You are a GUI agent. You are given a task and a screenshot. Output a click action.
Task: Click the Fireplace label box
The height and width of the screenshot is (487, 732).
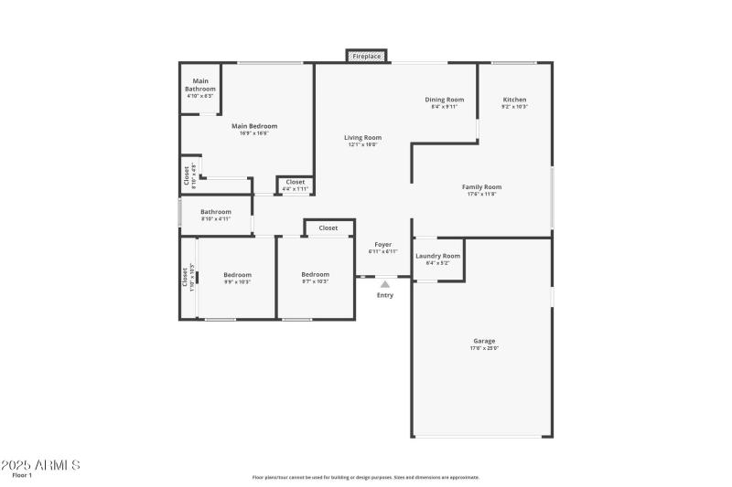pyautogui.click(x=367, y=57)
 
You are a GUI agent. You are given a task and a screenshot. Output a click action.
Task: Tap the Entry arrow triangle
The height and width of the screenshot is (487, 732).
pyautogui.click(x=385, y=285)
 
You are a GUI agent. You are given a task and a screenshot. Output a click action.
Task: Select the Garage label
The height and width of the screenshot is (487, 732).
pyautogui.click(x=484, y=341)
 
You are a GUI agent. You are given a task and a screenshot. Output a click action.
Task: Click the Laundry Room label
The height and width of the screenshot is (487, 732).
pyautogui.click(x=437, y=256)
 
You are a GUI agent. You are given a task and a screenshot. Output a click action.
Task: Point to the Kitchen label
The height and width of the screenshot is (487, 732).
pyautogui.click(x=514, y=100)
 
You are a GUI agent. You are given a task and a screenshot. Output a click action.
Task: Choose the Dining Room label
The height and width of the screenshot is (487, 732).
pyautogui.click(x=444, y=100)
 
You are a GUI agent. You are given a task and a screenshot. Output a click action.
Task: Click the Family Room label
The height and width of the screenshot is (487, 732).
pyautogui.click(x=481, y=186)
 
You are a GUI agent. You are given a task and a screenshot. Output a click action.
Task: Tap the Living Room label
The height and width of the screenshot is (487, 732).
pyautogui.click(x=362, y=137)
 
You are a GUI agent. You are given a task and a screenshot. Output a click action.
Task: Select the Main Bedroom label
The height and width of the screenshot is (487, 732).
pyautogui.click(x=253, y=126)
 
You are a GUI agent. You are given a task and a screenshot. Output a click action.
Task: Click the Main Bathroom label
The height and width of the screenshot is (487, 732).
pyautogui.click(x=199, y=84)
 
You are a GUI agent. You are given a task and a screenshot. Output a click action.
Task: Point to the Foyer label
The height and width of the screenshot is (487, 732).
pyautogui.click(x=382, y=245)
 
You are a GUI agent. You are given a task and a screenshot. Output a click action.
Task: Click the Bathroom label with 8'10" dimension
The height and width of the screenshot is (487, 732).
pyautogui.click(x=216, y=212)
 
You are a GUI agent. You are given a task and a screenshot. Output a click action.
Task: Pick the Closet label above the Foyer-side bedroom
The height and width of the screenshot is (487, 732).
pyautogui.click(x=328, y=228)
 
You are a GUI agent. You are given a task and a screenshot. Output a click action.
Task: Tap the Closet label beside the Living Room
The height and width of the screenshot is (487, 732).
pyautogui.click(x=295, y=182)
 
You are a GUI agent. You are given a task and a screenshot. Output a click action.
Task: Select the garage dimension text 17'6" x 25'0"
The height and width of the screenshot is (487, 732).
pyautogui.click(x=484, y=348)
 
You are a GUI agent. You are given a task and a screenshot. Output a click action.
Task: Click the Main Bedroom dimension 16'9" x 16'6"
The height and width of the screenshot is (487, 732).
pyautogui.click(x=253, y=133)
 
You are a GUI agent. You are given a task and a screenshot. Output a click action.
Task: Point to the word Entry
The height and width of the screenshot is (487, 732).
pyautogui.click(x=385, y=295)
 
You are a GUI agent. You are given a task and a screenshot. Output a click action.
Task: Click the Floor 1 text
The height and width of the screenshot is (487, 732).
pyautogui.click(x=22, y=475)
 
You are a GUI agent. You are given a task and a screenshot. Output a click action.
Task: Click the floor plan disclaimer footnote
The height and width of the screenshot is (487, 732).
pyautogui.click(x=365, y=477)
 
